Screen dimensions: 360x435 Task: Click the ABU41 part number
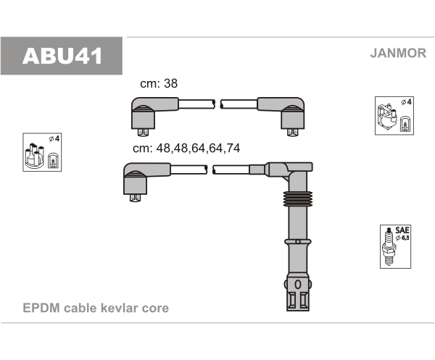[63, 56]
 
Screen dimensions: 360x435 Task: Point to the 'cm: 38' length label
[159, 84]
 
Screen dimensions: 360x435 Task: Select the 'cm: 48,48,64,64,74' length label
[186, 148]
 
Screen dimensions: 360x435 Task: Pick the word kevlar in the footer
[118, 309]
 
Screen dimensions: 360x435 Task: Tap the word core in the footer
[154, 309]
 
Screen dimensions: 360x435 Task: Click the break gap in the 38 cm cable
[217, 105]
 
